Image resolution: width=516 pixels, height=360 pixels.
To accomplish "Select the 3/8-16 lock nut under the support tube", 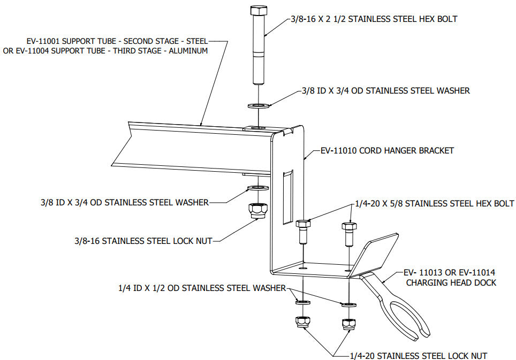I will pyautogui.click(x=258, y=211).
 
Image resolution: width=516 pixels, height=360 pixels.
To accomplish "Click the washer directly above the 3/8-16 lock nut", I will pyautogui.click(x=258, y=189).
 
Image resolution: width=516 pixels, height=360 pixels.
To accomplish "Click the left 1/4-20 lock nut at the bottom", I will pyautogui.click(x=302, y=323).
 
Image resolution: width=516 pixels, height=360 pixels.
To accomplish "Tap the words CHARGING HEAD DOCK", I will pyautogui.click(x=451, y=282).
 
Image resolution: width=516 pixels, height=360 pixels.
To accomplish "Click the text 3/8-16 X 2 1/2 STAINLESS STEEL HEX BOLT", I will pyautogui.click(x=373, y=19).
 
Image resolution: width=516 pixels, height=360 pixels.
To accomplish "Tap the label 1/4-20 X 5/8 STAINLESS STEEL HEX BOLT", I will pyautogui.click(x=434, y=203).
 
